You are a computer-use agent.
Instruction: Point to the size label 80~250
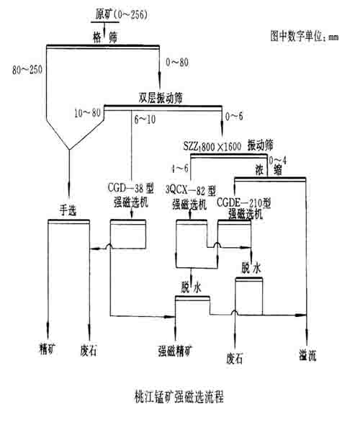click(28, 70)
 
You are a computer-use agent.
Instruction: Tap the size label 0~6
click(235, 115)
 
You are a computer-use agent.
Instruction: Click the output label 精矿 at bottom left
click(47, 346)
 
